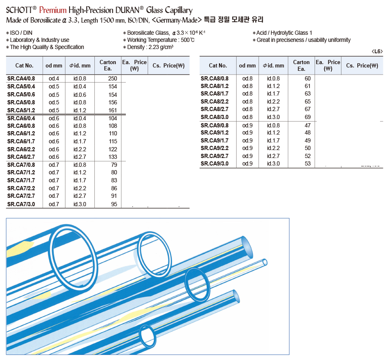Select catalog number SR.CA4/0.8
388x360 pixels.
pos(21,78)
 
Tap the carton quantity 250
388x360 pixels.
pos(112,78)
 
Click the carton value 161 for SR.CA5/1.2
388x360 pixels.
pos(112,111)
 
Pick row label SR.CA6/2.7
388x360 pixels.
pos(21,157)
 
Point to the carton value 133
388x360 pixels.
pos(112,157)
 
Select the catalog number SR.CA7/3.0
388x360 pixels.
pos(21,204)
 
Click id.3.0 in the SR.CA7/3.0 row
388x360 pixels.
pos(80,204)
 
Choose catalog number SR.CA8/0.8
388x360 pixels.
pos(214,78)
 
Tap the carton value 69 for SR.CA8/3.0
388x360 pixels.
pos(307,117)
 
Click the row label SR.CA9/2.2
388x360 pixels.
pos(214,148)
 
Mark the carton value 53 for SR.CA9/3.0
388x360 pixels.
pos(307,163)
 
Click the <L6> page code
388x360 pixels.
pos(377,51)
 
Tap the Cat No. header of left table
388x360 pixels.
pos(24,65)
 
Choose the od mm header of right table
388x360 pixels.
pos(247,65)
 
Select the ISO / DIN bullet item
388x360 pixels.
pos(21,33)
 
